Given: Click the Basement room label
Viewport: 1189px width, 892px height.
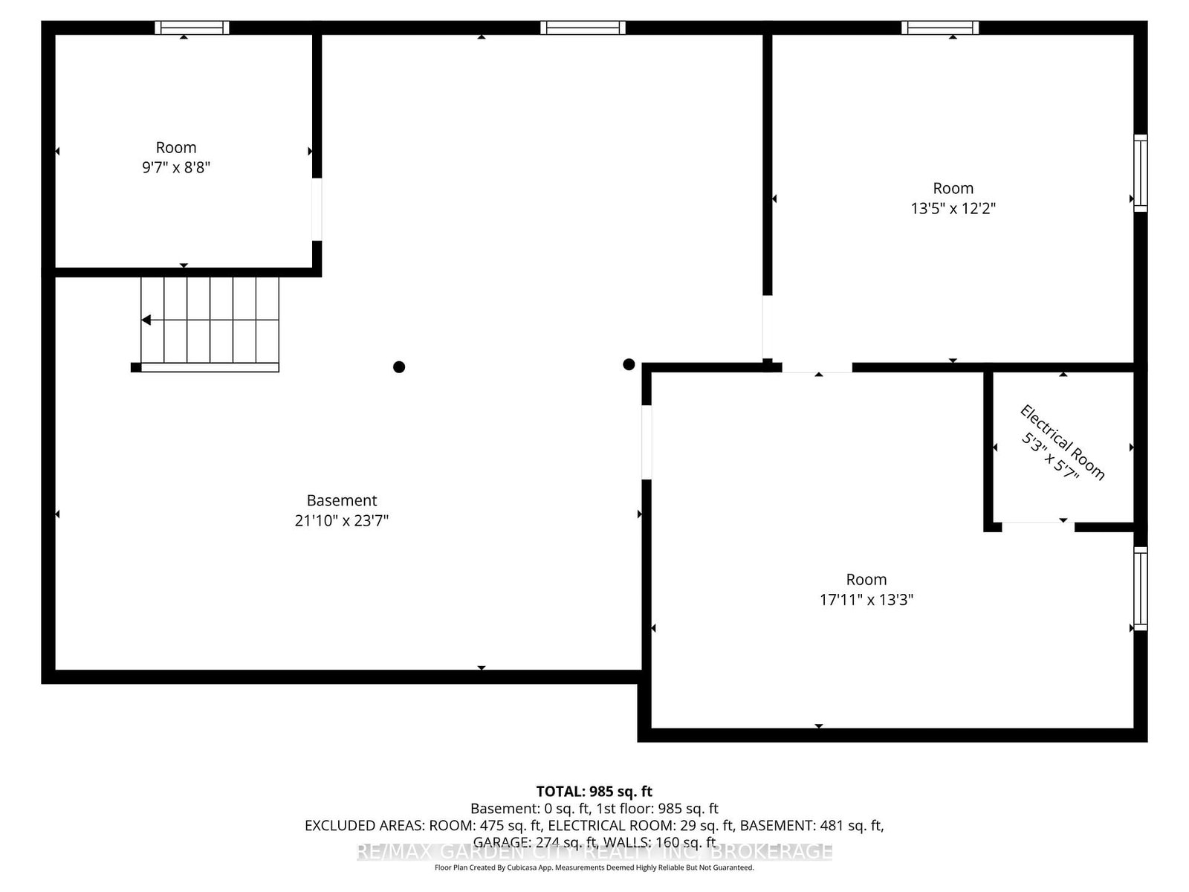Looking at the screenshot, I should tap(342, 500).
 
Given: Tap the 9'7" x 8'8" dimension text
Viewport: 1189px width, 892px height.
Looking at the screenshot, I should tap(176, 167).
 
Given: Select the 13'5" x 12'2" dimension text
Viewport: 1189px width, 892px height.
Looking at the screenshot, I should tap(953, 208).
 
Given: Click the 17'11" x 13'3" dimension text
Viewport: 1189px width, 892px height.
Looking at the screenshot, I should tap(866, 599).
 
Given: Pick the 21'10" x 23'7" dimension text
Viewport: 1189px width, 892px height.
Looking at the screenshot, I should tap(342, 520).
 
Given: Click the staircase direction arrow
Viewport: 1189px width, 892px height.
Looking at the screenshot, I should tap(146, 320).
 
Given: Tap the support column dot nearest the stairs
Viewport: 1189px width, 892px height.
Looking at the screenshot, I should tap(399, 366).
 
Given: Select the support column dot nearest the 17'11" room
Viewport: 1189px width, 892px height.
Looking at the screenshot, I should tap(629, 364).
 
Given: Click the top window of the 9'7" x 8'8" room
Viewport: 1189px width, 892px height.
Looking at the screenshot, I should tap(192, 28).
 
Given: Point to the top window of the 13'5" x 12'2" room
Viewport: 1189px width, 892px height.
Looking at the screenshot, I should tap(940, 28).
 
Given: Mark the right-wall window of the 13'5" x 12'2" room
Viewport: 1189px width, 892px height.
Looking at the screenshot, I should tap(1140, 173).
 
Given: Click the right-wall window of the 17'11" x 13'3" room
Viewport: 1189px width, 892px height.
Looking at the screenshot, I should tap(1140, 589).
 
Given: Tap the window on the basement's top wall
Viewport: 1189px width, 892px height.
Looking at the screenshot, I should tap(583, 28).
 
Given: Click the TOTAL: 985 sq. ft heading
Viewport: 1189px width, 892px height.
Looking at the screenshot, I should tap(594, 791).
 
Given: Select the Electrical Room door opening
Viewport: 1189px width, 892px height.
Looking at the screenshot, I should tap(1037, 526).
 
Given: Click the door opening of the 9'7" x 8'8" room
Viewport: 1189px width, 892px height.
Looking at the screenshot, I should tap(317, 209).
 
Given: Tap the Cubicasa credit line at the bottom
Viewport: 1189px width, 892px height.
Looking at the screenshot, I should tap(594, 867).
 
